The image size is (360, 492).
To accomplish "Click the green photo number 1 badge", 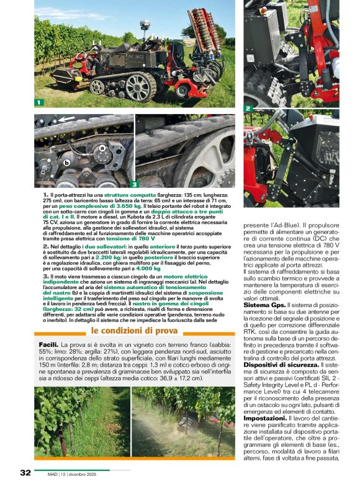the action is (x=39, y=102).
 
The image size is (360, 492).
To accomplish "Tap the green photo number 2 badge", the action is (x=248, y=109).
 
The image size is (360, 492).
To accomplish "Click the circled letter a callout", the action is (x=102, y=148).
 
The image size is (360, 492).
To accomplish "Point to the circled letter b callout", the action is (x=66, y=163).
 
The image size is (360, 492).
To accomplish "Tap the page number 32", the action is (x=25, y=473).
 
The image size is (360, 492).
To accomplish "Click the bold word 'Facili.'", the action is (x=48, y=344).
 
